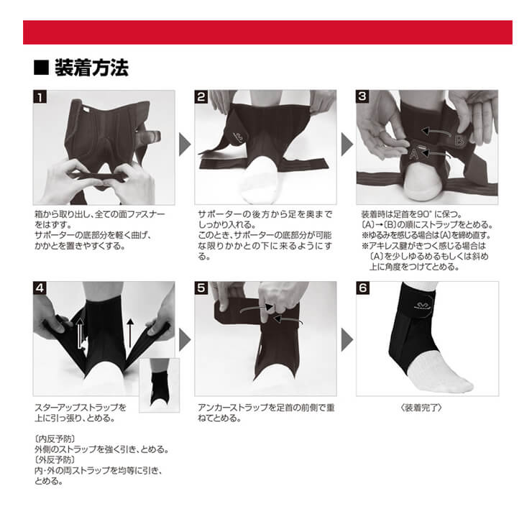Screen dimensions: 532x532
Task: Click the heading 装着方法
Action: pyautogui.click(x=91, y=68)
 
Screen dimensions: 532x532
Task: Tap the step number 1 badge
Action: pyautogui.click(x=40, y=97)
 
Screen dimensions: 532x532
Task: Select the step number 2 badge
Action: pyautogui.click(x=201, y=97)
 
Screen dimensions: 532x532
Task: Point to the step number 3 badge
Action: pyautogui.click(x=362, y=97)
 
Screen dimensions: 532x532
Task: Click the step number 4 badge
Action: pyautogui.click(x=40, y=288)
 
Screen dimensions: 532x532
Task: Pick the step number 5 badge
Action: pyautogui.click(x=201, y=288)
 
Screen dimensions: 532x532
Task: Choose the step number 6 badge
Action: pyautogui.click(x=363, y=288)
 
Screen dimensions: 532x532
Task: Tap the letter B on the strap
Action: pyautogui.click(x=460, y=139)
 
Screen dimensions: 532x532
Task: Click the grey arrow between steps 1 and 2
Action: pyautogui.click(x=185, y=145)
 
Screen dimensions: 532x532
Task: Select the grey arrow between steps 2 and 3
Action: pyautogui.click(x=347, y=145)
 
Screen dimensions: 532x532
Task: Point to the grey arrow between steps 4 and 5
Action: pyautogui.click(x=185, y=339)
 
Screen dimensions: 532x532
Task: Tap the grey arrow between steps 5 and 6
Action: pyautogui.click(x=347, y=339)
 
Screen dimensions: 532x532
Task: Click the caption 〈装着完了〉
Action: pyautogui.click(x=421, y=408)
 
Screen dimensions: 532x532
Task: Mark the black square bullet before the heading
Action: pyautogui.click(x=42, y=67)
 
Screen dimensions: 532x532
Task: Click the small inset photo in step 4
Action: pyautogui.click(x=159, y=385)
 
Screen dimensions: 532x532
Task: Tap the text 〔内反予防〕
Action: pyautogui.click(x=55, y=439)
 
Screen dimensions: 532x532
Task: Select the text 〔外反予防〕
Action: pyautogui.click(x=55, y=459)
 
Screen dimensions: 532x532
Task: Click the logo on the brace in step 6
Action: pyautogui.click(x=423, y=305)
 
